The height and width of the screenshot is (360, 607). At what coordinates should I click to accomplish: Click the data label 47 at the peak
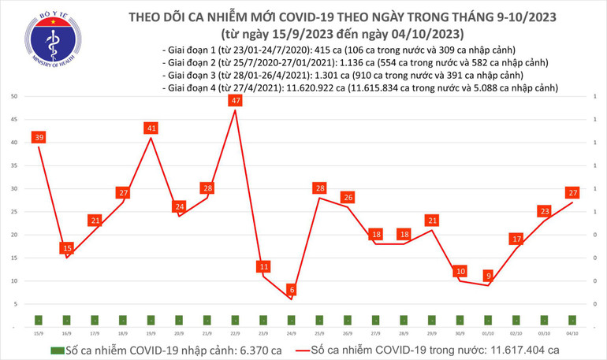(x=235, y=101)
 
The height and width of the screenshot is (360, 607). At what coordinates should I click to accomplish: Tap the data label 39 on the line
(x=39, y=138)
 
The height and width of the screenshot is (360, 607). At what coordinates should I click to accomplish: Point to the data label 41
(x=151, y=128)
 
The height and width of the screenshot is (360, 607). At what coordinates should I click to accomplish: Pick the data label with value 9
(x=490, y=276)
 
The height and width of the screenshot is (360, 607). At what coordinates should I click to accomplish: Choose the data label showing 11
(x=263, y=267)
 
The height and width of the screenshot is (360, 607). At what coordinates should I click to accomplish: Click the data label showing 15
(x=67, y=248)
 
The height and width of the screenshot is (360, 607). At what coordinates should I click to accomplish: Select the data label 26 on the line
(x=348, y=198)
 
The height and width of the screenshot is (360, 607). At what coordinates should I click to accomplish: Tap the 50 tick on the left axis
(x=15, y=96)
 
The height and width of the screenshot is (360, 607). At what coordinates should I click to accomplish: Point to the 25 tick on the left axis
(x=15, y=212)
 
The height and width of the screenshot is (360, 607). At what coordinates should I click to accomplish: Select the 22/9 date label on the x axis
(x=235, y=332)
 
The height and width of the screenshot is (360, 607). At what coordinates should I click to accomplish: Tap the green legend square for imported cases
(x=56, y=349)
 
